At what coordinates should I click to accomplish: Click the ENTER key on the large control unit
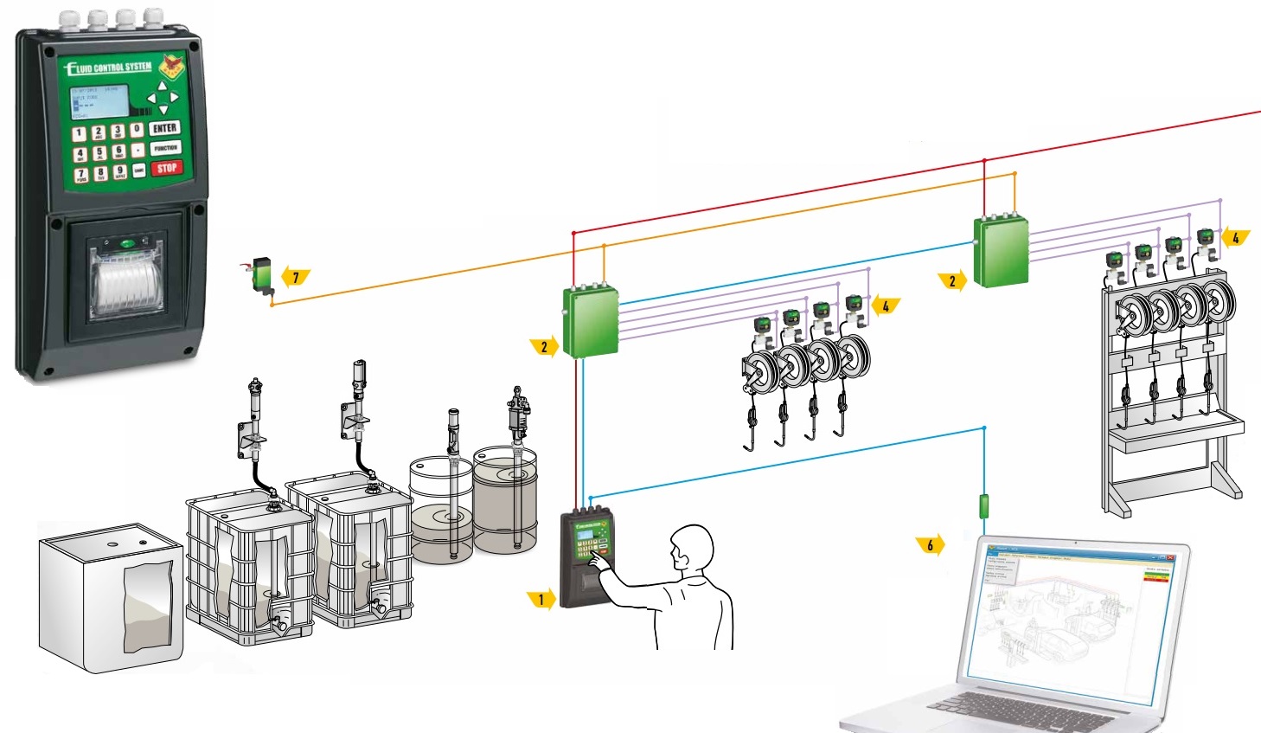(x=164, y=128)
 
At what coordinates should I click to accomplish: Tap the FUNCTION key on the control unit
(x=165, y=148)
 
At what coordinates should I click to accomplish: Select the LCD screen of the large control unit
(x=99, y=102)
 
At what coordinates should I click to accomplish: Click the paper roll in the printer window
(x=127, y=286)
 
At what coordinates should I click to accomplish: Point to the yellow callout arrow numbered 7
(x=296, y=278)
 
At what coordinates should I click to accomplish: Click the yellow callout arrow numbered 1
(x=541, y=599)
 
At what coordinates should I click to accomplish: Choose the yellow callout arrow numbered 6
(x=931, y=545)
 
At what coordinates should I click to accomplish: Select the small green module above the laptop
(x=983, y=505)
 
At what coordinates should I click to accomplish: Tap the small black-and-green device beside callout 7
(x=260, y=273)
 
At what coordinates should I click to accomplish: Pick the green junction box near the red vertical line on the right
(x=1002, y=251)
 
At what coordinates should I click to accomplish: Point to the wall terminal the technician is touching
(x=586, y=558)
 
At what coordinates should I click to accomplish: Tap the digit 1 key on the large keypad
(x=79, y=133)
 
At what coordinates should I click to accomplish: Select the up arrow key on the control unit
(x=163, y=87)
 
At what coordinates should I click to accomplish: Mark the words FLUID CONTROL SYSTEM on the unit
(x=110, y=68)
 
